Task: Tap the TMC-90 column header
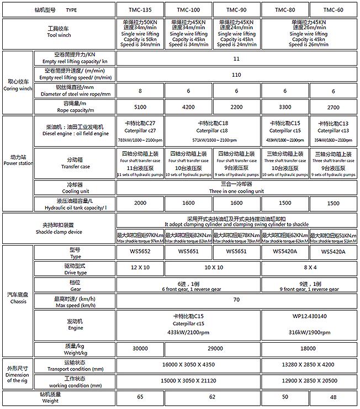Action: (237, 10)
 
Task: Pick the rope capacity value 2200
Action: (237, 108)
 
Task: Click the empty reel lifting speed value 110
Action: (237, 75)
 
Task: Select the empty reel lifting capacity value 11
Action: (237, 59)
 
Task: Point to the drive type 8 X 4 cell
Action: (310, 267)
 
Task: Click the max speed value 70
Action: (237, 300)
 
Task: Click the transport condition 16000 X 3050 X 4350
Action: (189, 365)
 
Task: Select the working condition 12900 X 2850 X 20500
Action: (310, 381)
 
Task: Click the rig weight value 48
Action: (333, 397)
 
